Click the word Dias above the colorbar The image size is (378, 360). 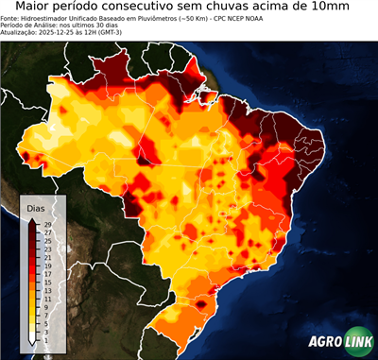coord(35,207)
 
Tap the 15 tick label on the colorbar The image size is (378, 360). coord(45,283)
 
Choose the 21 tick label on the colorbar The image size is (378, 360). coord(45,258)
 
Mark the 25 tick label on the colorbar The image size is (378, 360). coord(45,241)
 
